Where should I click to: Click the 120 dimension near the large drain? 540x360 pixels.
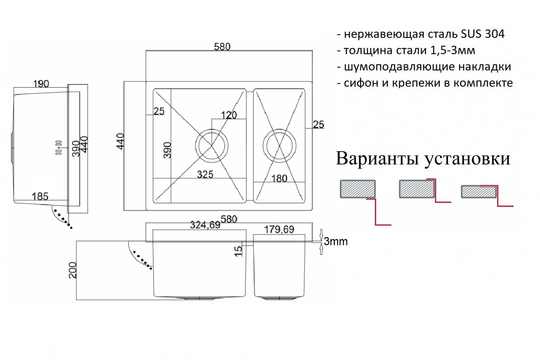click(228, 115)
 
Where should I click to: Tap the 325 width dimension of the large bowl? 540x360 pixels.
click(205, 174)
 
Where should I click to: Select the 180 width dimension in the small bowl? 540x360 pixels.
click(279, 178)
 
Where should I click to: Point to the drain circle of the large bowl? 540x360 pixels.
click(212, 146)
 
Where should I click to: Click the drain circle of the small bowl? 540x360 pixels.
click(279, 146)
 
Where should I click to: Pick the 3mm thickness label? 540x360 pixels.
click(335, 241)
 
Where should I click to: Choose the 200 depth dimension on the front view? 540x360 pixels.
click(73, 270)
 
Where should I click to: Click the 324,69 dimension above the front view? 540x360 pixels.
click(205, 225)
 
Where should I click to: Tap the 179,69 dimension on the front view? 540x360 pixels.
click(279, 230)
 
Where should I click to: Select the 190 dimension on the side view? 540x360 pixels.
click(41, 84)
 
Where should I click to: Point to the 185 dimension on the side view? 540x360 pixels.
click(40, 196)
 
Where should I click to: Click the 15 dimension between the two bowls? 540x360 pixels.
click(238, 251)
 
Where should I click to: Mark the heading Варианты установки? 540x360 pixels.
click(423, 158)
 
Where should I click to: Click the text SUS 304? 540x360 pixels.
click(483, 34)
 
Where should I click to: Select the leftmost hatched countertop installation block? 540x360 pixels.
click(358, 189)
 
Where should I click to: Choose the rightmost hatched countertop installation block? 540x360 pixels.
click(479, 192)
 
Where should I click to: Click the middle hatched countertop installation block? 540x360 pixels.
click(417, 189)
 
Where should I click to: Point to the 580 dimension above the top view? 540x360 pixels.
click(222, 47)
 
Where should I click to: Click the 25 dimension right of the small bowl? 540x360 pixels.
click(318, 124)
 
